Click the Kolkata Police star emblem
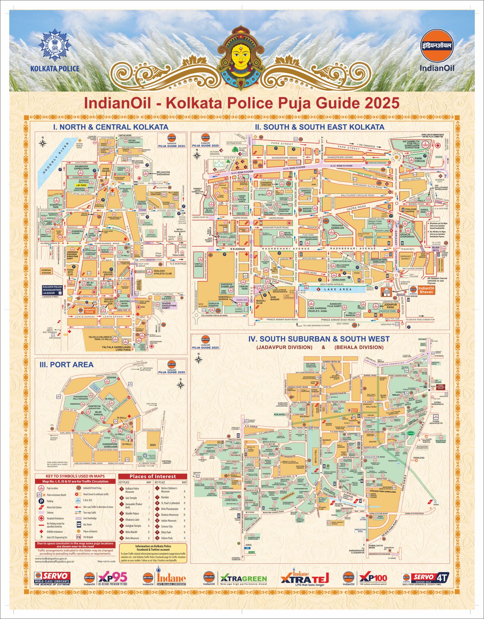click(55, 46)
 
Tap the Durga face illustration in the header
click(241, 56)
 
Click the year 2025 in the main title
click(382, 103)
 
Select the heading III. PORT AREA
click(66, 365)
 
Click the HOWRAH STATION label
click(46, 271)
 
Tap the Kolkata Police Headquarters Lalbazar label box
click(53, 290)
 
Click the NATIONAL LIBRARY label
click(167, 462)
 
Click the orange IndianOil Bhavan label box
click(426, 290)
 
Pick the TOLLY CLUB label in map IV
click(316, 457)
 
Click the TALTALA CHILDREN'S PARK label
click(100, 338)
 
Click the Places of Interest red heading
click(152, 476)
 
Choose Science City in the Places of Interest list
click(167, 526)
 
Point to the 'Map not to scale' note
click(106, 561)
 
